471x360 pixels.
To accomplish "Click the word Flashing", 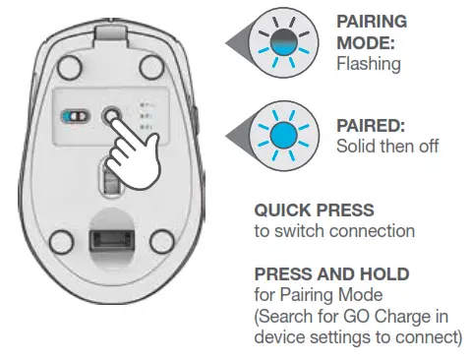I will tap(369, 63).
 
